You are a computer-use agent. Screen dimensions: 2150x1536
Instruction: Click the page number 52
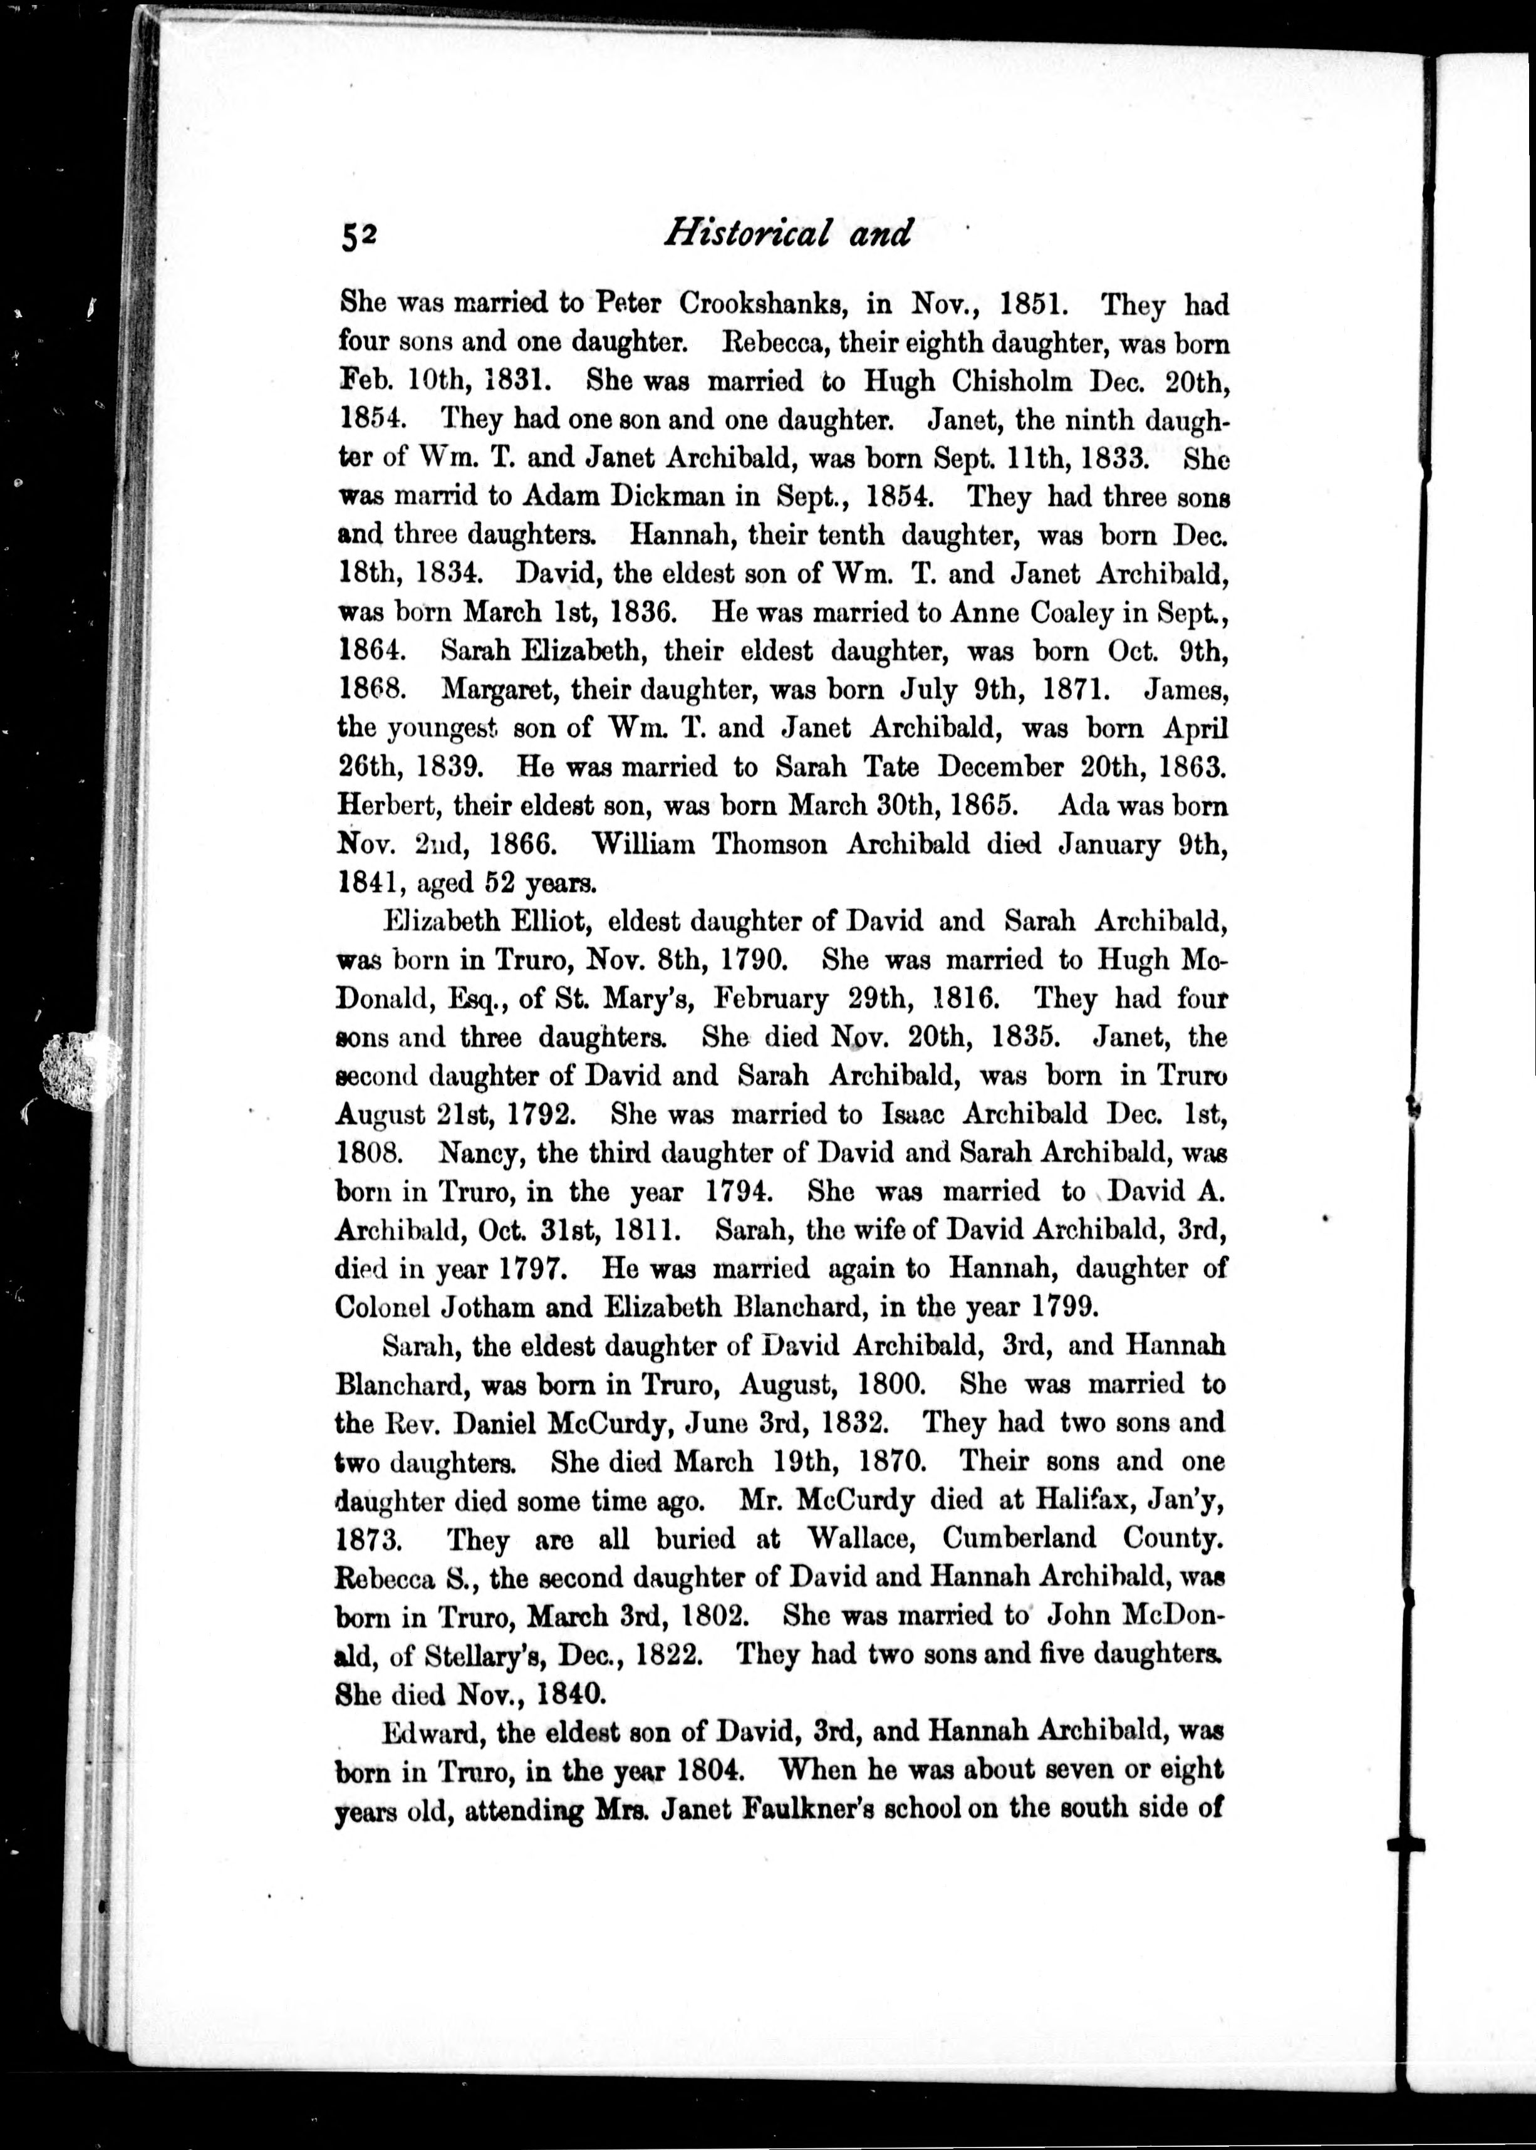(x=360, y=236)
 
